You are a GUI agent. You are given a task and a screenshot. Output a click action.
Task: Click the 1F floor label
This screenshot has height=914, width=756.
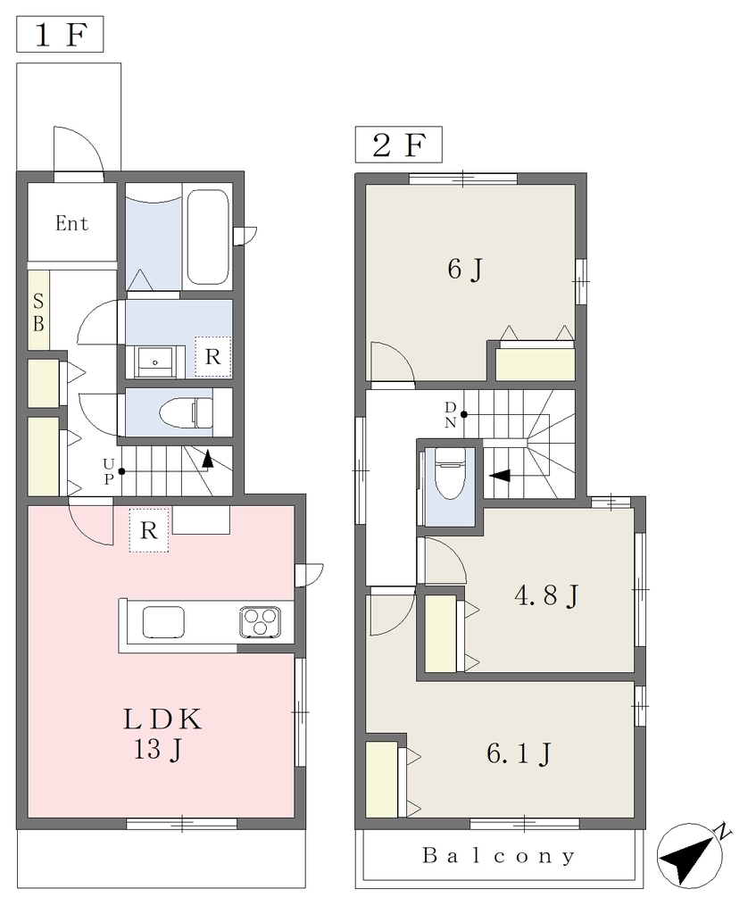pos(60,35)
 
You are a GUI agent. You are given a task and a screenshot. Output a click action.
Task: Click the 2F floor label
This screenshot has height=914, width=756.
pos(399,145)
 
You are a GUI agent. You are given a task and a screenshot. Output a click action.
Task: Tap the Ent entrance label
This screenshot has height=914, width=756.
pos(71,222)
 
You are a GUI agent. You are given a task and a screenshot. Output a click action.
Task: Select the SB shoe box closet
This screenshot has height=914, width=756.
pos(38,311)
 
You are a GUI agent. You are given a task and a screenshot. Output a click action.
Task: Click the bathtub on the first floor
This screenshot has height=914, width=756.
pos(207,237)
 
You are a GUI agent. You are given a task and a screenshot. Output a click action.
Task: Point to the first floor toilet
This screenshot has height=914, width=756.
pos(187,412)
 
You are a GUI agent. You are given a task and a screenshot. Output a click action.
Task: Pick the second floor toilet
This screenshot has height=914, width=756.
pos(449,473)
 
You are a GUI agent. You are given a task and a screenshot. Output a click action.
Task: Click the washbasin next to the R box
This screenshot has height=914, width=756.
pos(155,362)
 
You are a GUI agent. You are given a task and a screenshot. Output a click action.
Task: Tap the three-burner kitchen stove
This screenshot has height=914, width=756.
pos(260,621)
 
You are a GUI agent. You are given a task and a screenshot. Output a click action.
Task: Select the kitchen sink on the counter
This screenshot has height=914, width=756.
pos(164,622)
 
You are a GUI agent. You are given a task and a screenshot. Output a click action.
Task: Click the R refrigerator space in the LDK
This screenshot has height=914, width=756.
pos(149,530)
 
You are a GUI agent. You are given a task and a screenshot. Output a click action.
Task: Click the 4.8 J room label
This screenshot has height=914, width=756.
pos(546,595)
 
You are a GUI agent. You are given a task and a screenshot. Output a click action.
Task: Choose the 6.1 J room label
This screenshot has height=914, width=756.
pos(519,753)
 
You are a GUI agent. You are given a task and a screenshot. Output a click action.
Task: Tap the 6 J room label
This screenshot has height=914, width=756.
pos(465,270)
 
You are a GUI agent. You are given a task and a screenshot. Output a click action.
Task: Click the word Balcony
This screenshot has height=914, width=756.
pos(499,856)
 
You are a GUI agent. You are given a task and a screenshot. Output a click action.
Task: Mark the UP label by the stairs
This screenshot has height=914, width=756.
pos(109,471)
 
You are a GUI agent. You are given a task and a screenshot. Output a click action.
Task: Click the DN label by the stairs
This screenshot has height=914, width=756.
pos(451,415)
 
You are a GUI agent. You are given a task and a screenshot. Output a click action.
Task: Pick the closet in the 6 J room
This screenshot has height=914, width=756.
pos(535,365)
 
